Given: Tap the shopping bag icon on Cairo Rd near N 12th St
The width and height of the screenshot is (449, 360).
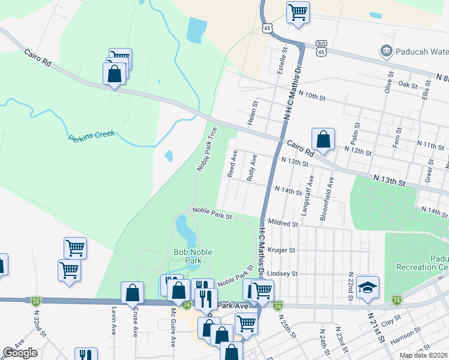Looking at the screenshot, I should point(323,139).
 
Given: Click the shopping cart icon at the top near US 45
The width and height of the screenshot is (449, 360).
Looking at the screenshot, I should point(298,12).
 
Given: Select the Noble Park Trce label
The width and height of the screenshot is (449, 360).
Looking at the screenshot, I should point(206,149).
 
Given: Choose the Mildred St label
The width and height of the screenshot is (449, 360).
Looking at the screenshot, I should point(283,223).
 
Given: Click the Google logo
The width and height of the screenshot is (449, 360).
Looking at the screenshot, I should point(20,353).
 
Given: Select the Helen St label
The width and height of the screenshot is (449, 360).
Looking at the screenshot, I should point(255,113).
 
